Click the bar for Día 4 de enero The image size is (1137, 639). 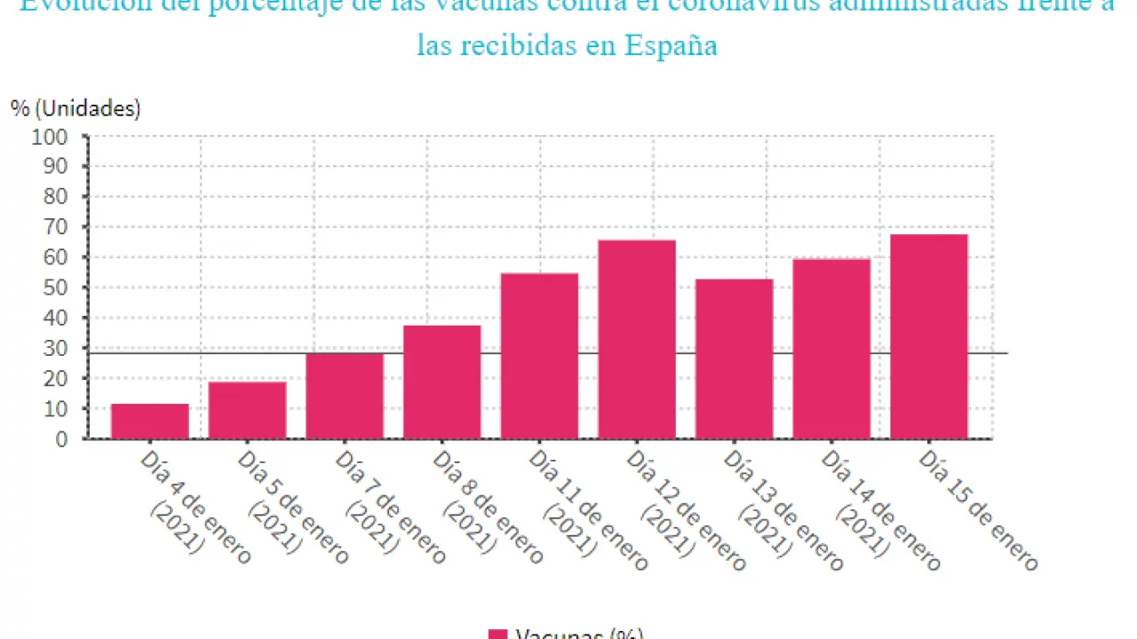(150, 421)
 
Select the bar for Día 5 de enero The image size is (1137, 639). (247, 410)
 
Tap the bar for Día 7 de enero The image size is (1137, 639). (345, 396)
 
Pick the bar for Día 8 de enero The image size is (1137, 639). (441, 382)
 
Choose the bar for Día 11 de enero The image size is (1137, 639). (539, 356)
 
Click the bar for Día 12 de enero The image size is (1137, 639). (637, 339)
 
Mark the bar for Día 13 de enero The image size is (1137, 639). (734, 359)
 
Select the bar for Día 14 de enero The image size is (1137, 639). (831, 349)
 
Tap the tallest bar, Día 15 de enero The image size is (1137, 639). (929, 336)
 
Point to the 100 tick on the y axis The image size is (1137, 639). (49, 137)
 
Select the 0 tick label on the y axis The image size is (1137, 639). (61, 438)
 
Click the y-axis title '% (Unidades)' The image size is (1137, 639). (76, 108)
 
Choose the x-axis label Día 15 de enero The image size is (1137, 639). (977, 509)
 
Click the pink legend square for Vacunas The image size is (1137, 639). (498, 634)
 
